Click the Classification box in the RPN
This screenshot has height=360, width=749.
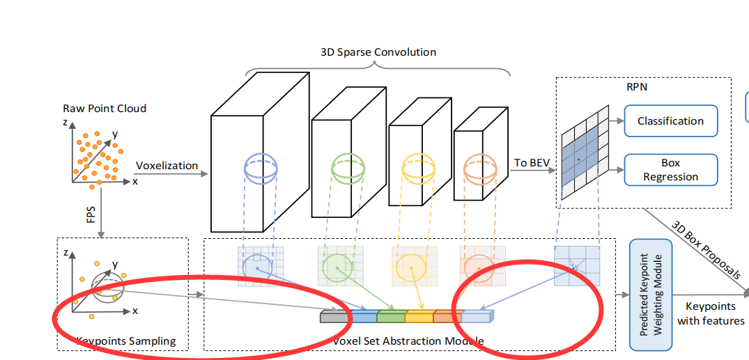click(670, 121)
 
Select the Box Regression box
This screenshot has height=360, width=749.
click(670, 170)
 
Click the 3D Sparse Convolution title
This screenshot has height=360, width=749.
click(378, 52)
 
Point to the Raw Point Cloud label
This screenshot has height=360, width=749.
click(105, 109)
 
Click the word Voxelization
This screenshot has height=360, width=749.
click(167, 166)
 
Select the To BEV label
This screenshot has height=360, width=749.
click(532, 163)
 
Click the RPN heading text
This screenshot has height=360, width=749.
click(637, 87)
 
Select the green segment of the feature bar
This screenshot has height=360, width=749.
click(390, 317)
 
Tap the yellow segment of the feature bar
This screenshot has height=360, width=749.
click(419, 317)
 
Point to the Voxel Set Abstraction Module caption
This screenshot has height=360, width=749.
click(408, 341)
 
